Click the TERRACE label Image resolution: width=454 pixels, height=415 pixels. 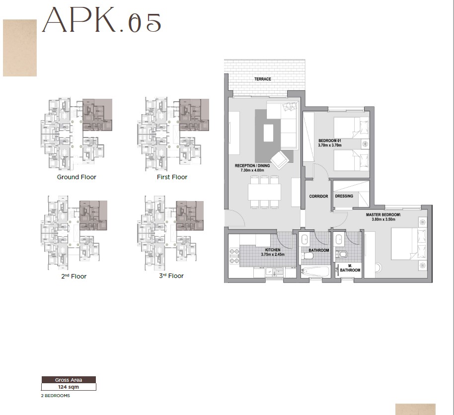[262, 79]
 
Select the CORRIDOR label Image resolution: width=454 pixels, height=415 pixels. [318, 197]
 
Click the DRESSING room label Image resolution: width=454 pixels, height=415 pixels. [344, 196]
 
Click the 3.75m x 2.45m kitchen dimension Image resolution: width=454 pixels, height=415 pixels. [273, 255]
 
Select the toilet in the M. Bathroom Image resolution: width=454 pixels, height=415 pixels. [342, 254]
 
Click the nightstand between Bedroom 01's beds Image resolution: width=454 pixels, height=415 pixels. [365, 144]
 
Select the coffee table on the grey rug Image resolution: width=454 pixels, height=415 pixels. [268, 133]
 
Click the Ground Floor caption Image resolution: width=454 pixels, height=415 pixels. [76, 177]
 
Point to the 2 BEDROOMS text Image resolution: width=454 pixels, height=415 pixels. [55, 396]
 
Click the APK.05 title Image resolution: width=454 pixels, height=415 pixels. [102, 21]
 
